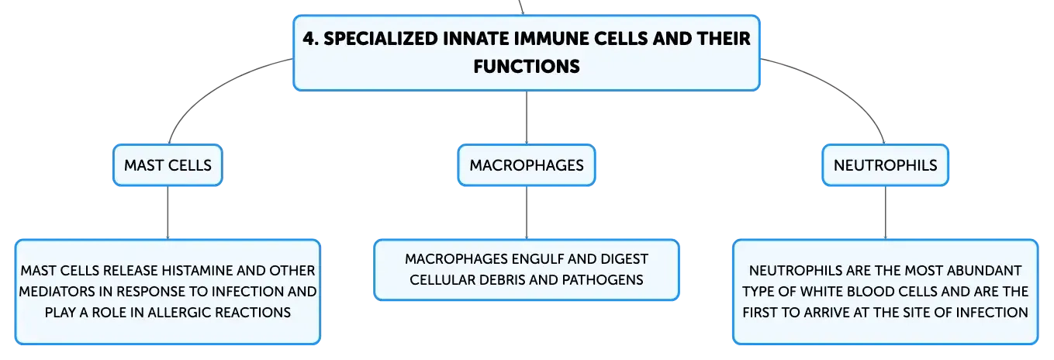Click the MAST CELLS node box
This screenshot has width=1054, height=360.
pos(168,165)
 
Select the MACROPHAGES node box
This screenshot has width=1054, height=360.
pos(527,165)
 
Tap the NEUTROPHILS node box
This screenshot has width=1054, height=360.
pos(885,165)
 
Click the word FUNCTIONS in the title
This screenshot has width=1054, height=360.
pos(527,67)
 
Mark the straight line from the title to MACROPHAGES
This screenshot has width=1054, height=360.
pos(527,118)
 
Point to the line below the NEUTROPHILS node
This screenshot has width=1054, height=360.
pos(885,213)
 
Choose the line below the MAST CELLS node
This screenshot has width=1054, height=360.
pos(168,213)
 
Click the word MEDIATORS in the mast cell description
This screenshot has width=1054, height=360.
pos(57,292)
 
